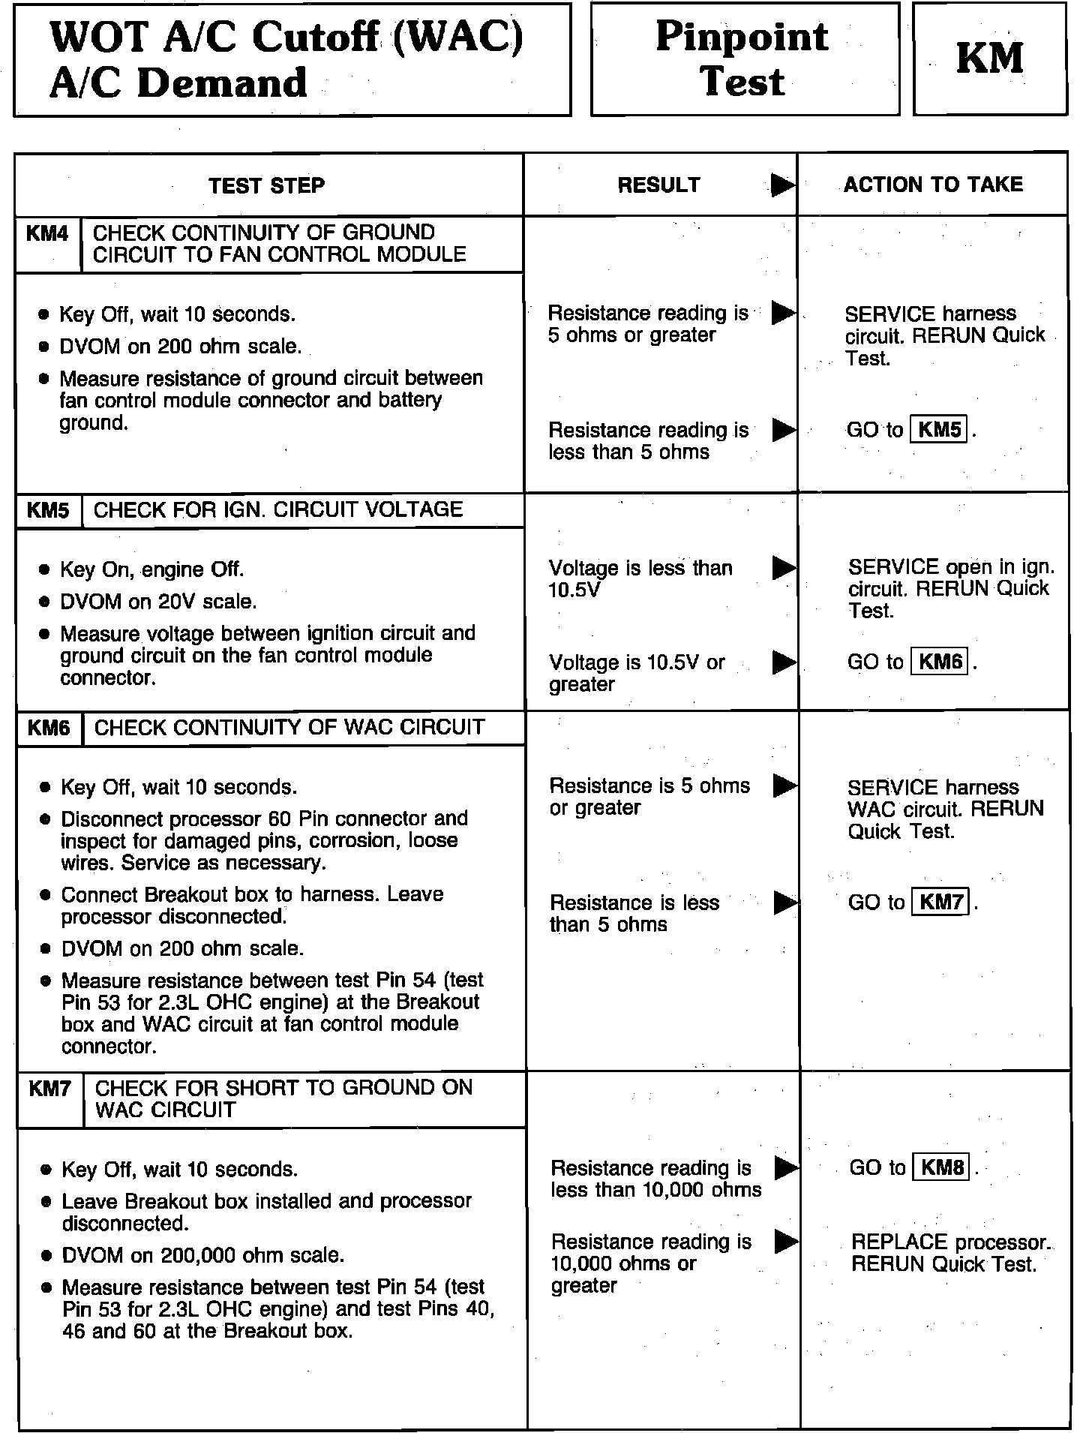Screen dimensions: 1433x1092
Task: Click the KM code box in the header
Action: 989,59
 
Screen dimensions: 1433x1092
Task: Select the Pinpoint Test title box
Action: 744,59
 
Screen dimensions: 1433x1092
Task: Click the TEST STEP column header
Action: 267,185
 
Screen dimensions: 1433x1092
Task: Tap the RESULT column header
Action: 658,185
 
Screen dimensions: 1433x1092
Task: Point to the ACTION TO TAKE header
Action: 933,185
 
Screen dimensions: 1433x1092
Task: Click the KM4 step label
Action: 47,234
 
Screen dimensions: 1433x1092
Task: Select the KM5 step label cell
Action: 49,511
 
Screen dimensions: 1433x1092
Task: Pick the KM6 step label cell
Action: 49,728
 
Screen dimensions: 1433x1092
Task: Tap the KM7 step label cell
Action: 49,1089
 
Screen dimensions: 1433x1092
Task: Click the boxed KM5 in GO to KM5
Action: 939,430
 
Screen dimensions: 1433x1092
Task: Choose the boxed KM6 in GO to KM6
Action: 940,662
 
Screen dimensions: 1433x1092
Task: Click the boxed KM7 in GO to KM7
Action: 941,902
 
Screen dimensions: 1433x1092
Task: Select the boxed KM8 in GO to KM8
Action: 942,1167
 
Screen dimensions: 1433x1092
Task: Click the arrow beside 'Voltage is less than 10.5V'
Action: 783,568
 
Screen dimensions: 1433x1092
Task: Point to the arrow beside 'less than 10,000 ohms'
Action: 785,1167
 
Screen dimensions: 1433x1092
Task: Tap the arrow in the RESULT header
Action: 782,185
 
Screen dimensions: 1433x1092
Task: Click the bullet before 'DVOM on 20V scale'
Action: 45,602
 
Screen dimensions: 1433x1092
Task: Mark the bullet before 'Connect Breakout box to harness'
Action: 46,895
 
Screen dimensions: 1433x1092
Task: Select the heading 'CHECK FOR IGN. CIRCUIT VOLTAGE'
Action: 278,509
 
